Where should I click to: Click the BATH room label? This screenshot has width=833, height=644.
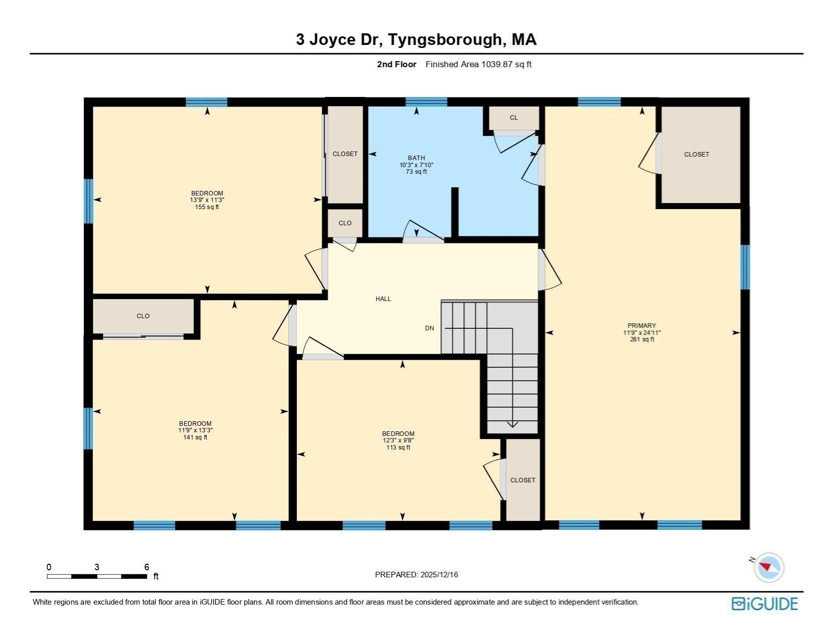point(416,158)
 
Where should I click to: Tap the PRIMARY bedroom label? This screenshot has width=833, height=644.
point(642,326)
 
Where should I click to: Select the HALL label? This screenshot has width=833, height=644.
point(383,299)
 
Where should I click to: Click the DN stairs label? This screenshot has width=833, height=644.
point(430,328)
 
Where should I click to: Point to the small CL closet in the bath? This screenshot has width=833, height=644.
point(513,118)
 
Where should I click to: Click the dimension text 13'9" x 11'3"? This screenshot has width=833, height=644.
point(207,200)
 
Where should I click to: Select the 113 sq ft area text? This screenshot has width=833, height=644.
point(398,448)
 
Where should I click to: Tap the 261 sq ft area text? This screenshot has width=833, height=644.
point(642,339)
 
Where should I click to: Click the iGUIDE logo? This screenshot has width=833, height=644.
point(764,604)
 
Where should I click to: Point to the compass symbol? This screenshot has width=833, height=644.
point(768,567)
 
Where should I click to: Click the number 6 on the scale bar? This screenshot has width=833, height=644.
point(147,567)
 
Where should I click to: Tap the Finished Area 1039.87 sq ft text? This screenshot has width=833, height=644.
point(478,64)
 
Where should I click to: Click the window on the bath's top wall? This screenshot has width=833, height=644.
point(426,102)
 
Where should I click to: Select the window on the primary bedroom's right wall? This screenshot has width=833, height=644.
point(745,267)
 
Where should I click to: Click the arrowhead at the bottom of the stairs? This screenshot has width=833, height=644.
point(512,424)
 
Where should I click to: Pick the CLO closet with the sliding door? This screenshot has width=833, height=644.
point(143,316)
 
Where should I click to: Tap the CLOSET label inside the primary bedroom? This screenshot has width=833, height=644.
point(696,155)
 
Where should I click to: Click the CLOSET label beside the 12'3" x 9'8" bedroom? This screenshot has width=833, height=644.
point(523,480)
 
